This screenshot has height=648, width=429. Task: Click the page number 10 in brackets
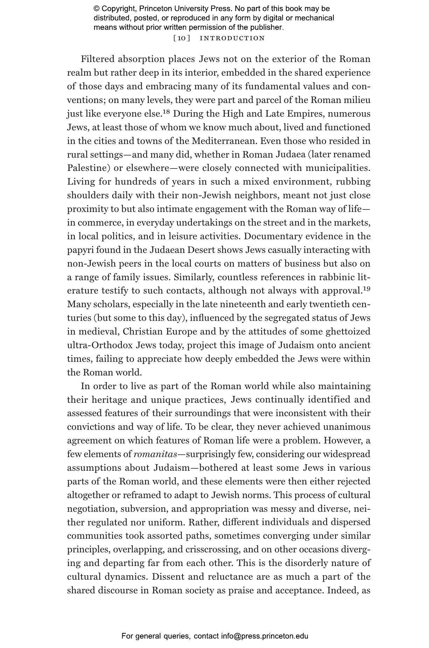[x=182, y=38]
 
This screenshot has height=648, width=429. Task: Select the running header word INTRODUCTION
[x=232, y=38]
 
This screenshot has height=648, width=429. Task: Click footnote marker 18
[x=166, y=112]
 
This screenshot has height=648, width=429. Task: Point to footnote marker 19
[x=366, y=289]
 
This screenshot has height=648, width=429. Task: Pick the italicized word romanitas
[x=155, y=454]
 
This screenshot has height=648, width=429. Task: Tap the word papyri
[x=80, y=250]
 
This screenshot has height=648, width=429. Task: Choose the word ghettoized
[x=348, y=332]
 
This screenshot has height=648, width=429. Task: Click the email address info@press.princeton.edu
[x=264, y=636]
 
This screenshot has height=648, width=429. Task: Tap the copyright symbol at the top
[x=97, y=9]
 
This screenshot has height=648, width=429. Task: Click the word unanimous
[x=347, y=427]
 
